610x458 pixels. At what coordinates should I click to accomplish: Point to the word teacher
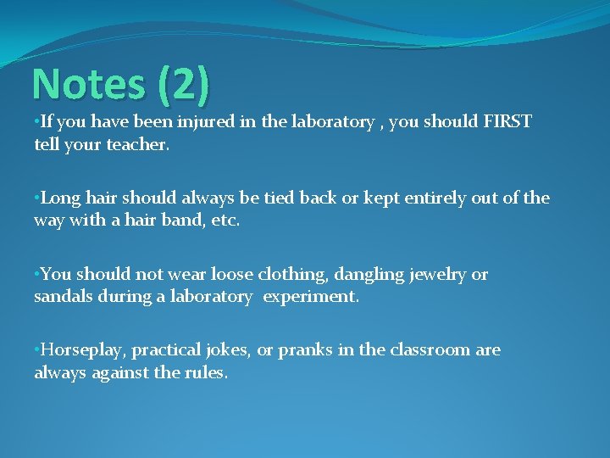[138, 144]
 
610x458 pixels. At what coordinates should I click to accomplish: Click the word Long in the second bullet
[58, 198]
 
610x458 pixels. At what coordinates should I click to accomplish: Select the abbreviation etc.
[225, 221]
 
